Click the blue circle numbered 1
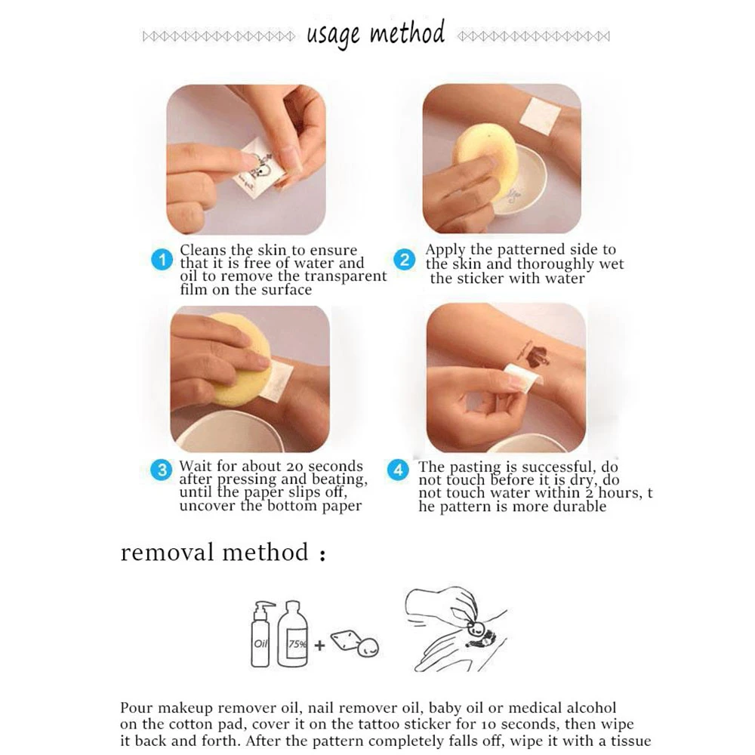pyautogui.click(x=162, y=260)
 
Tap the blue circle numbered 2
pyautogui.click(x=405, y=260)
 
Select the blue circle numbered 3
pyautogui.click(x=162, y=470)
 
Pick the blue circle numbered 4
pyautogui.click(x=398, y=470)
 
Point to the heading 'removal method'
pyautogui.click(x=214, y=552)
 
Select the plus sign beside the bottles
pyautogui.click(x=319, y=646)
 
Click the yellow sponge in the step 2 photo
pyautogui.click(x=485, y=162)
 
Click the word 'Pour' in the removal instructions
pyautogui.click(x=137, y=708)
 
